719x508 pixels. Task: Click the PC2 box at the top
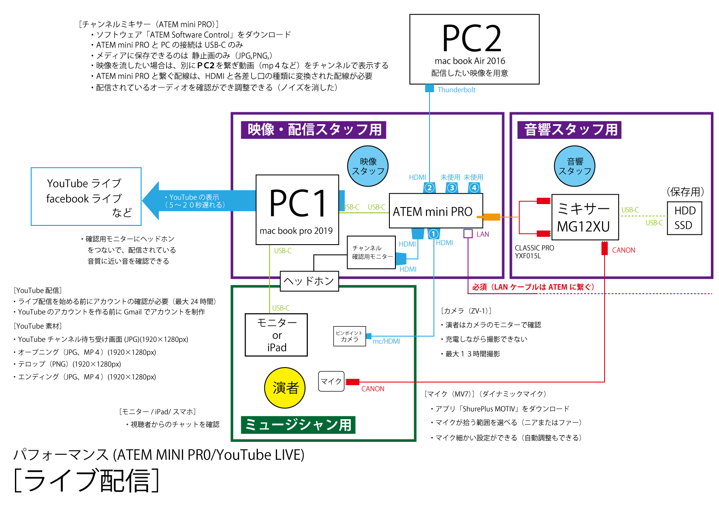pyautogui.click(x=474, y=49)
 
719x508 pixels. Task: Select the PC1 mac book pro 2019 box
pyautogui.click(x=297, y=210)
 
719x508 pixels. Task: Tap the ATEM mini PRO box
pyautogui.click(x=436, y=211)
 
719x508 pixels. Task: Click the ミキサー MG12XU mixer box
pyautogui.click(x=585, y=217)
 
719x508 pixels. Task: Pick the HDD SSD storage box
pyautogui.click(x=684, y=218)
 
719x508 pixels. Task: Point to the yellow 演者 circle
pyautogui.click(x=285, y=388)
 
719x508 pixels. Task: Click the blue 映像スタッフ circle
pyautogui.click(x=368, y=166)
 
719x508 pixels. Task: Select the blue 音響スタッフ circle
pyautogui.click(x=574, y=166)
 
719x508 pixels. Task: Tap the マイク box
pyautogui.click(x=331, y=381)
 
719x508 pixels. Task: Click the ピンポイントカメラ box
pyautogui.click(x=349, y=336)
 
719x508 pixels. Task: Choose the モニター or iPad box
pyautogui.click(x=276, y=335)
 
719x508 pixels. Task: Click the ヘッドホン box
pyautogui.click(x=309, y=281)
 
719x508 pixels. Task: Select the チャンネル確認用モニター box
pyautogui.click(x=371, y=252)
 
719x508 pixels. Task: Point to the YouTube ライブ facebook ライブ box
pyautogui.click(x=86, y=196)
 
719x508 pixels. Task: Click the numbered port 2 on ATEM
pyautogui.click(x=430, y=188)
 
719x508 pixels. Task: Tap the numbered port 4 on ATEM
pyautogui.click(x=474, y=188)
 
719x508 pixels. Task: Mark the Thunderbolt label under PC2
pyautogui.click(x=456, y=90)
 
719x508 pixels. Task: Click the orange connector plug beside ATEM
pyautogui.click(x=488, y=217)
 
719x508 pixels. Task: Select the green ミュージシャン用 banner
pyautogui.click(x=298, y=425)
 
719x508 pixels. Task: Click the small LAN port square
pyautogui.click(x=468, y=234)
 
